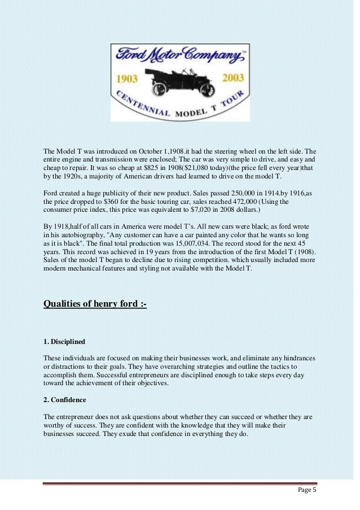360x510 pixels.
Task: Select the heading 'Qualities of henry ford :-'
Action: [95, 306]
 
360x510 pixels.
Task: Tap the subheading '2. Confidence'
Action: [65, 400]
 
